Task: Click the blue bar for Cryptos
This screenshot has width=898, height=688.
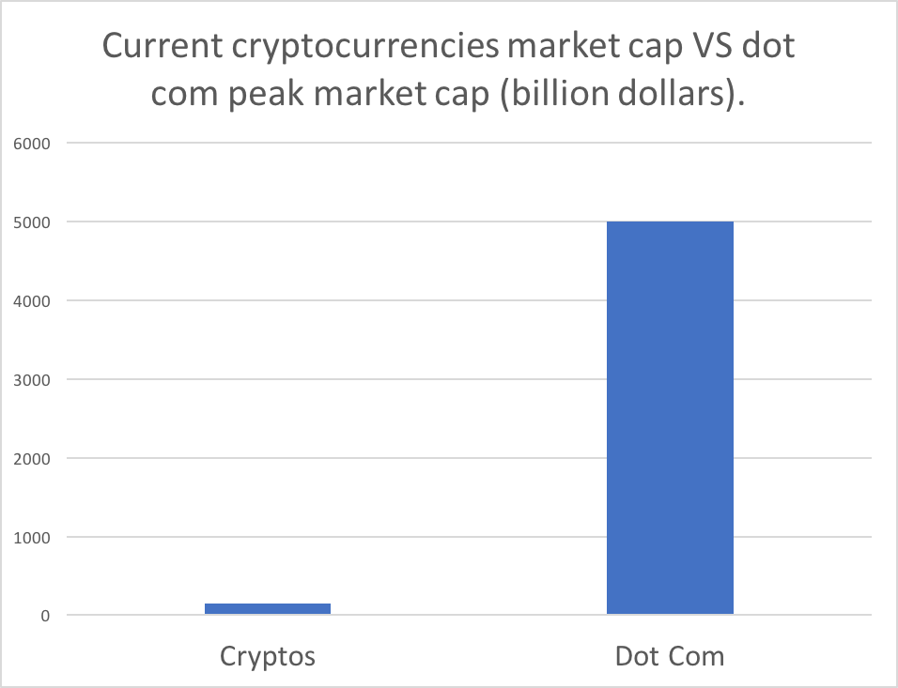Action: tap(268, 608)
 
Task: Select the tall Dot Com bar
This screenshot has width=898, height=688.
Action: tap(670, 418)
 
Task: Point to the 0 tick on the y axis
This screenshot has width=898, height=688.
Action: tap(45, 616)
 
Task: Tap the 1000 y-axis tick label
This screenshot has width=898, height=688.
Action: tap(32, 538)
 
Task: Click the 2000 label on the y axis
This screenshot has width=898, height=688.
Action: tap(32, 458)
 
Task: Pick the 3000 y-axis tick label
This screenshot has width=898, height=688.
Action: tap(32, 379)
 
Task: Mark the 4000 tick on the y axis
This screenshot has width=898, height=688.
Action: tap(32, 300)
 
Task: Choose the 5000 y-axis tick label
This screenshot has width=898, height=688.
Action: tap(32, 222)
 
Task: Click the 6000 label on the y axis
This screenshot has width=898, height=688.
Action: tap(32, 143)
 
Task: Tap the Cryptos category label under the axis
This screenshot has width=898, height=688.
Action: tap(268, 656)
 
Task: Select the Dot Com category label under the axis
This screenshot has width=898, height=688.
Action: tap(670, 656)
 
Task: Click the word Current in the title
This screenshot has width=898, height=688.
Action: tap(163, 45)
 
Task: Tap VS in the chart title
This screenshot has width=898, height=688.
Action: tap(708, 45)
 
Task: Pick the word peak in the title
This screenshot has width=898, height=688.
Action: tap(267, 93)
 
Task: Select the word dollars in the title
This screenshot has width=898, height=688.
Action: tap(672, 92)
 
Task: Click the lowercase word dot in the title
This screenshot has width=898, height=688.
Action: tap(768, 45)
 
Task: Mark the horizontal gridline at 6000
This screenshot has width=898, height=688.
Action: tap(469, 143)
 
